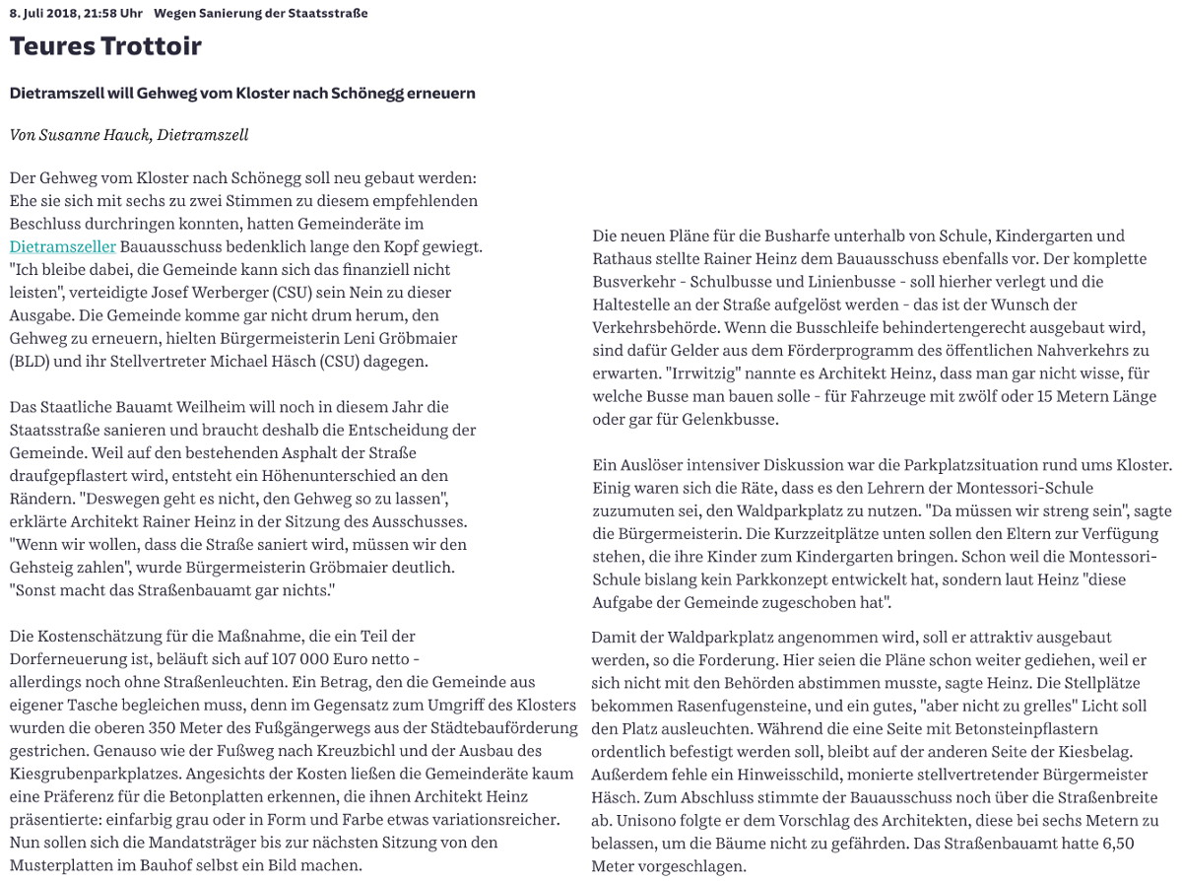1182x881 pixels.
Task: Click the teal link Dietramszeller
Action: pos(63,246)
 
